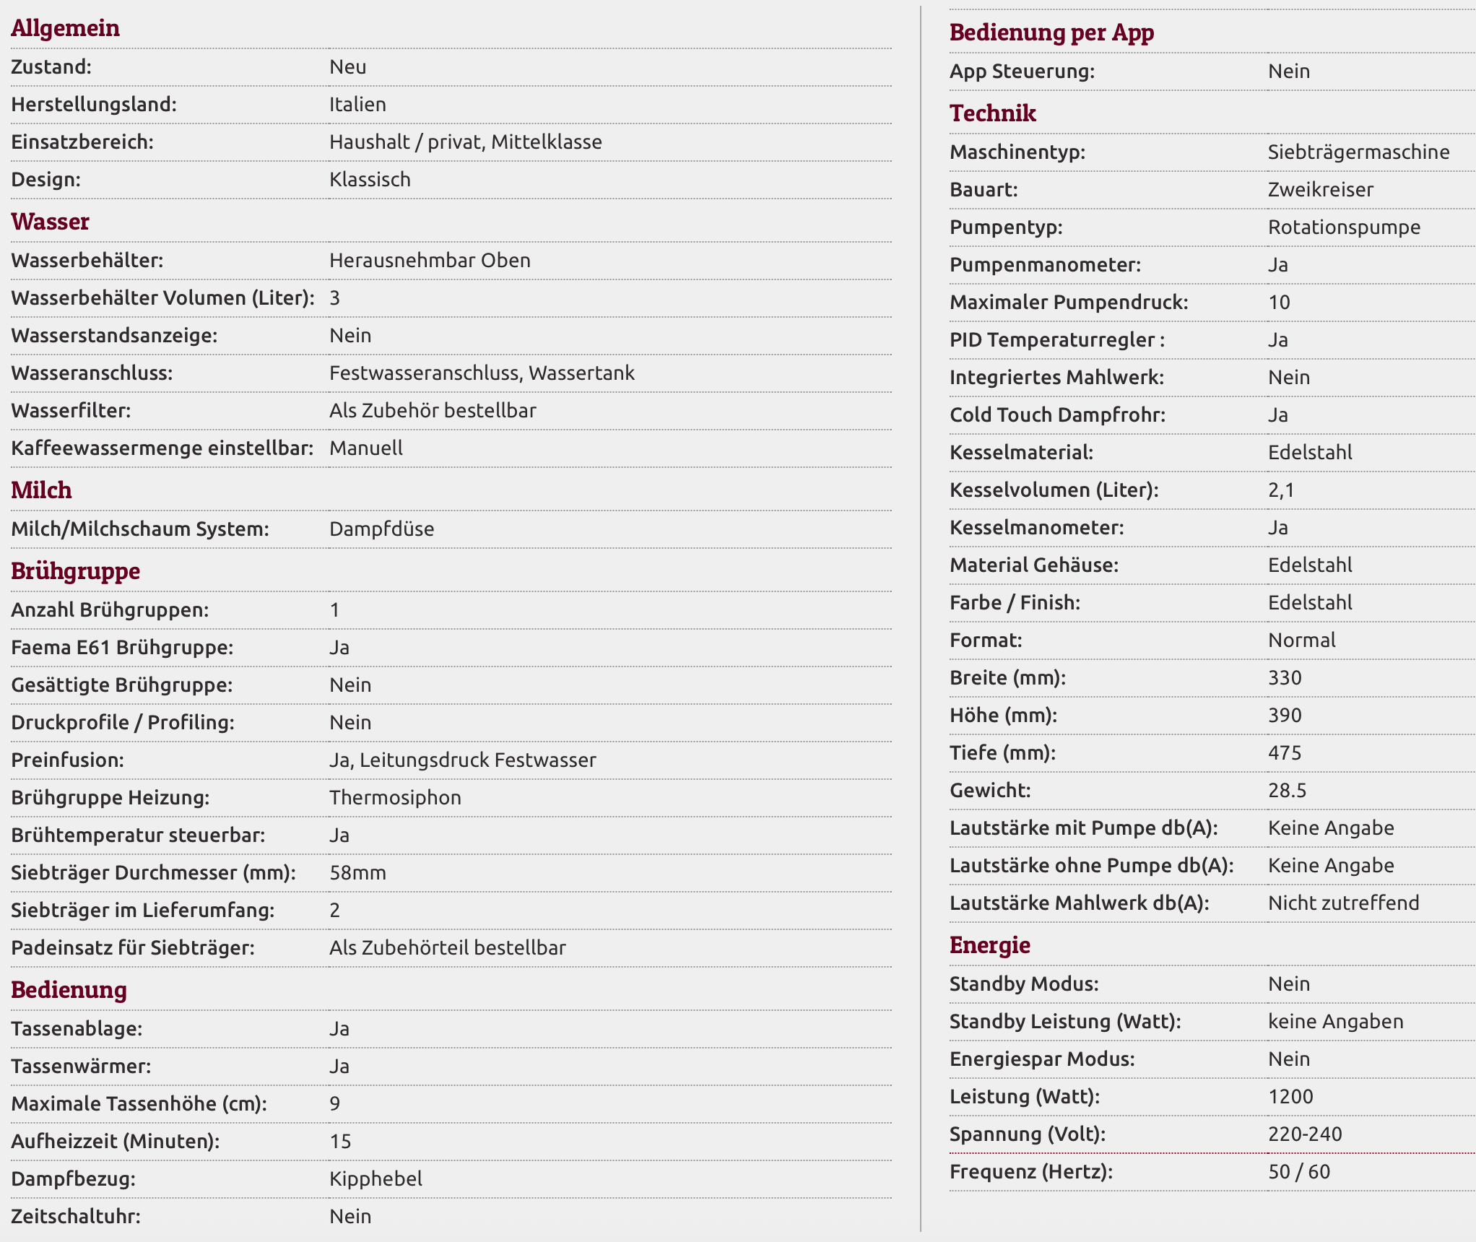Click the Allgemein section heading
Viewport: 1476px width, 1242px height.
(x=65, y=28)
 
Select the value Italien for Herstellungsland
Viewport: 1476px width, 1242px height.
(x=357, y=105)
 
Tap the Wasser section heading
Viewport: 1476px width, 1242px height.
(x=50, y=222)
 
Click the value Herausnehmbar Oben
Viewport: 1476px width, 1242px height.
(x=430, y=261)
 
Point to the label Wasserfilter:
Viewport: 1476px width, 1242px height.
(x=71, y=411)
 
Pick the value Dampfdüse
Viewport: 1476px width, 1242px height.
(x=381, y=529)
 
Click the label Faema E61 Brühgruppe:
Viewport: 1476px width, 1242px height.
(x=122, y=648)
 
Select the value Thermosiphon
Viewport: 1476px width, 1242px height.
(x=395, y=798)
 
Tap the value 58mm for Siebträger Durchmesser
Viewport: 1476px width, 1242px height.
(x=357, y=873)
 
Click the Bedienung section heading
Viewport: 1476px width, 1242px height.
(x=69, y=990)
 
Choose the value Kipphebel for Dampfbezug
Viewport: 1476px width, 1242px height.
(x=375, y=1179)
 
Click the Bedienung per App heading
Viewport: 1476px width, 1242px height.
(x=1051, y=32)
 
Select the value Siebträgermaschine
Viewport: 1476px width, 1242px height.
(x=1358, y=152)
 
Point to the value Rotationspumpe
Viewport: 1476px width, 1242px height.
(x=1344, y=227)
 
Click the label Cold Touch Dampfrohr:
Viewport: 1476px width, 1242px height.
(x=1057, y=415)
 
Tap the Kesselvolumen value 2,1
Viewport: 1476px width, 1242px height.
(x=1281, y=490)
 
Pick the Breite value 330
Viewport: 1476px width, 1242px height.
(x=1285, y=678)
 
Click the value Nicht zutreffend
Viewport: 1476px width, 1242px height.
(x=1343, y=903)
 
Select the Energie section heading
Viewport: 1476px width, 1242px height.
(x=989, y=945)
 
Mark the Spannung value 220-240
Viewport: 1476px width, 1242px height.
(x=1305, y=1134)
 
